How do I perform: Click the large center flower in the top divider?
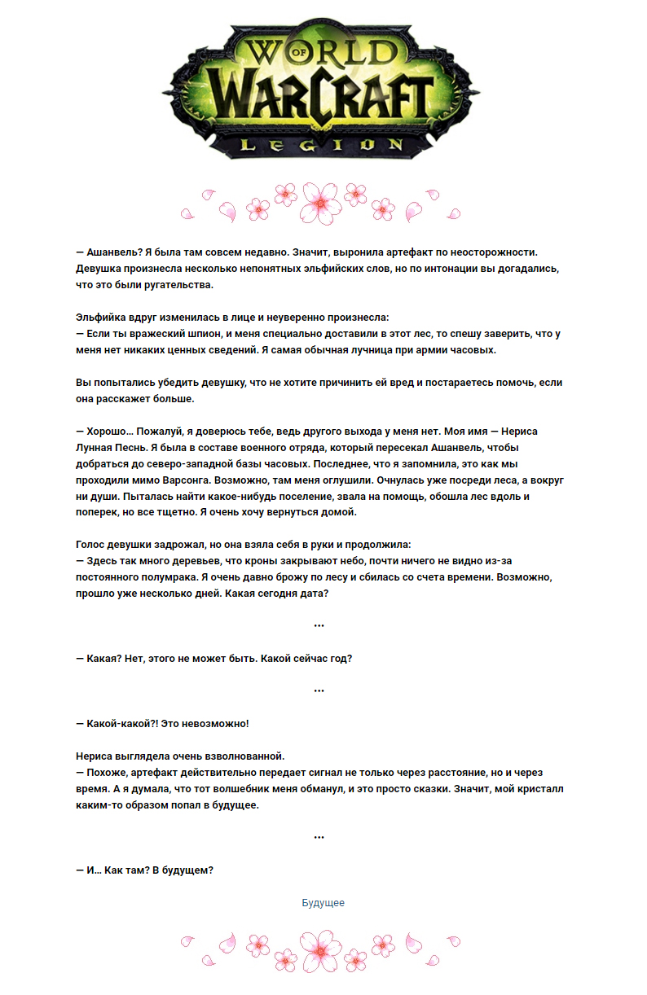tap(323, 202)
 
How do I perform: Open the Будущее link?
tap(323, 903)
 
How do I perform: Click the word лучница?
tap(383, 350)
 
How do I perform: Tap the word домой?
tap(337, 513)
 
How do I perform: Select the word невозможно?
tap(212, 723)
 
